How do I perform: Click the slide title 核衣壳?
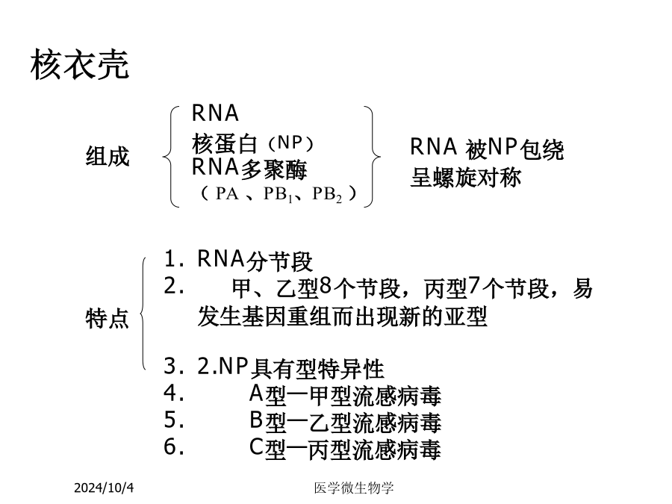coord(80,64)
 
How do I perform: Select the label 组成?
coord(108,156)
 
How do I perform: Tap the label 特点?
coord(107,318)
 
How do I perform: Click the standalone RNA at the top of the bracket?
coord(215,113)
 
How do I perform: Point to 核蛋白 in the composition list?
coord(224,143)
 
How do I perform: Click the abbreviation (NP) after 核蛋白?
coord(291,143)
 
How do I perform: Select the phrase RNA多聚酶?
coord(249,168)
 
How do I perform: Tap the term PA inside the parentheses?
coord(227,193)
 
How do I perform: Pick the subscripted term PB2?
coord(327,195)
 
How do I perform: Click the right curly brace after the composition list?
coord(372,157)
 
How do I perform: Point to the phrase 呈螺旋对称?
coord(465,178)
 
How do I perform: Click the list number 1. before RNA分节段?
coord(174,258)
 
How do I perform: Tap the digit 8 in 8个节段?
coord(326,285)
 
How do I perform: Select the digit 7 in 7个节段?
coord(473,285)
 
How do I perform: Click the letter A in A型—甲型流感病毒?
coord(256,393)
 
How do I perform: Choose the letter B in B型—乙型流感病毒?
coord(256,420)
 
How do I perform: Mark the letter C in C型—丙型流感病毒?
coord(256,447)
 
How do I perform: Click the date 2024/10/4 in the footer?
coord(104,488)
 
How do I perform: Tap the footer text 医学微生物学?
coord(354,488)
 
